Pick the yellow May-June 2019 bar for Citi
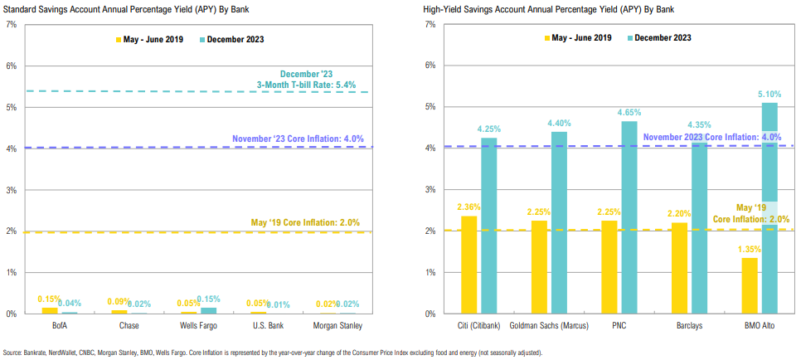468,265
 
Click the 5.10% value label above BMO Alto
769,94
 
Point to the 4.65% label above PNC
630,113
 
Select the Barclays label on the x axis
687,326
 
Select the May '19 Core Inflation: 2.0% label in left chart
307,222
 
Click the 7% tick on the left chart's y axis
11,24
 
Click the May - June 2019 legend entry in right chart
578,37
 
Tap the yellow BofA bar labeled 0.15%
48,310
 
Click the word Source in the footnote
14,353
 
